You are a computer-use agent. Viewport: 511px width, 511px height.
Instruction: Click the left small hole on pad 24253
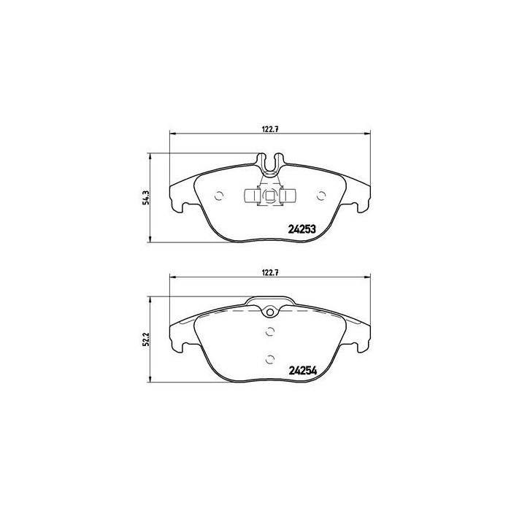(219, 194)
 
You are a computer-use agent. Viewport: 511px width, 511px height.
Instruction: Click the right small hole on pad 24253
(322, 194)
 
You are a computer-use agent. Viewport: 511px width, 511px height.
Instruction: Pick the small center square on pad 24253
(269, 195)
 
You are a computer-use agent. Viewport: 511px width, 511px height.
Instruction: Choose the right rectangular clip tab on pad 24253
(289, 195)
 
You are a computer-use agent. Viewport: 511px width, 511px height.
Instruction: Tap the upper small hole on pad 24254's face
(270, 332)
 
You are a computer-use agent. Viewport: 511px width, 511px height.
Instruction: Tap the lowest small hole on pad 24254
(270, 358)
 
